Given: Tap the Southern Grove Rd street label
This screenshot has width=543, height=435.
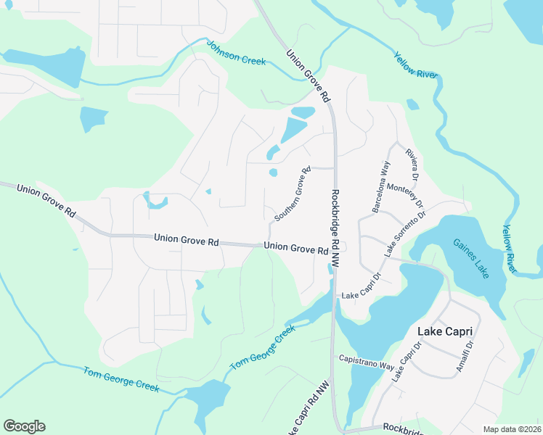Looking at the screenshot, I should point(293,194).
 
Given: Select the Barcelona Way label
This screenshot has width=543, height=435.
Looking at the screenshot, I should point(381,188).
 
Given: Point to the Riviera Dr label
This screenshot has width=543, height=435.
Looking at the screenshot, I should point(412,165).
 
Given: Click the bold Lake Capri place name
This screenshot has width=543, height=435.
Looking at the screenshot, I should point(445,331).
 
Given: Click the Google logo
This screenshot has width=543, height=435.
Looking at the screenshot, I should point(24,426).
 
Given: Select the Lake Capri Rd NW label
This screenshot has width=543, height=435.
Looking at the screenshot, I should point(309,410).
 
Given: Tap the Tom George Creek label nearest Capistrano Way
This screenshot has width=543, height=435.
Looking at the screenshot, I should point(263,348).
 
